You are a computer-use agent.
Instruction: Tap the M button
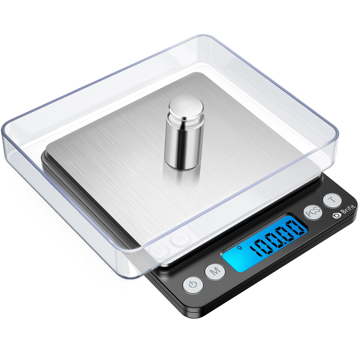[x=215, y=271]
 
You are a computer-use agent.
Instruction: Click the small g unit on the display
[x=239, y=247]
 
